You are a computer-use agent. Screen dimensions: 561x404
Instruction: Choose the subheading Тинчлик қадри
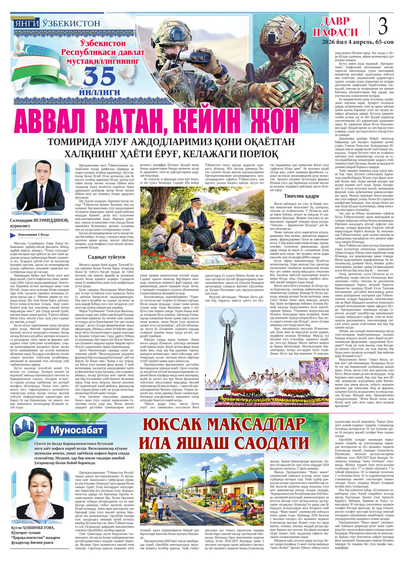(299, 196)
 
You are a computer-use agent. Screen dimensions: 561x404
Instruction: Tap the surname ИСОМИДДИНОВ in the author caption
(50, 220)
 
